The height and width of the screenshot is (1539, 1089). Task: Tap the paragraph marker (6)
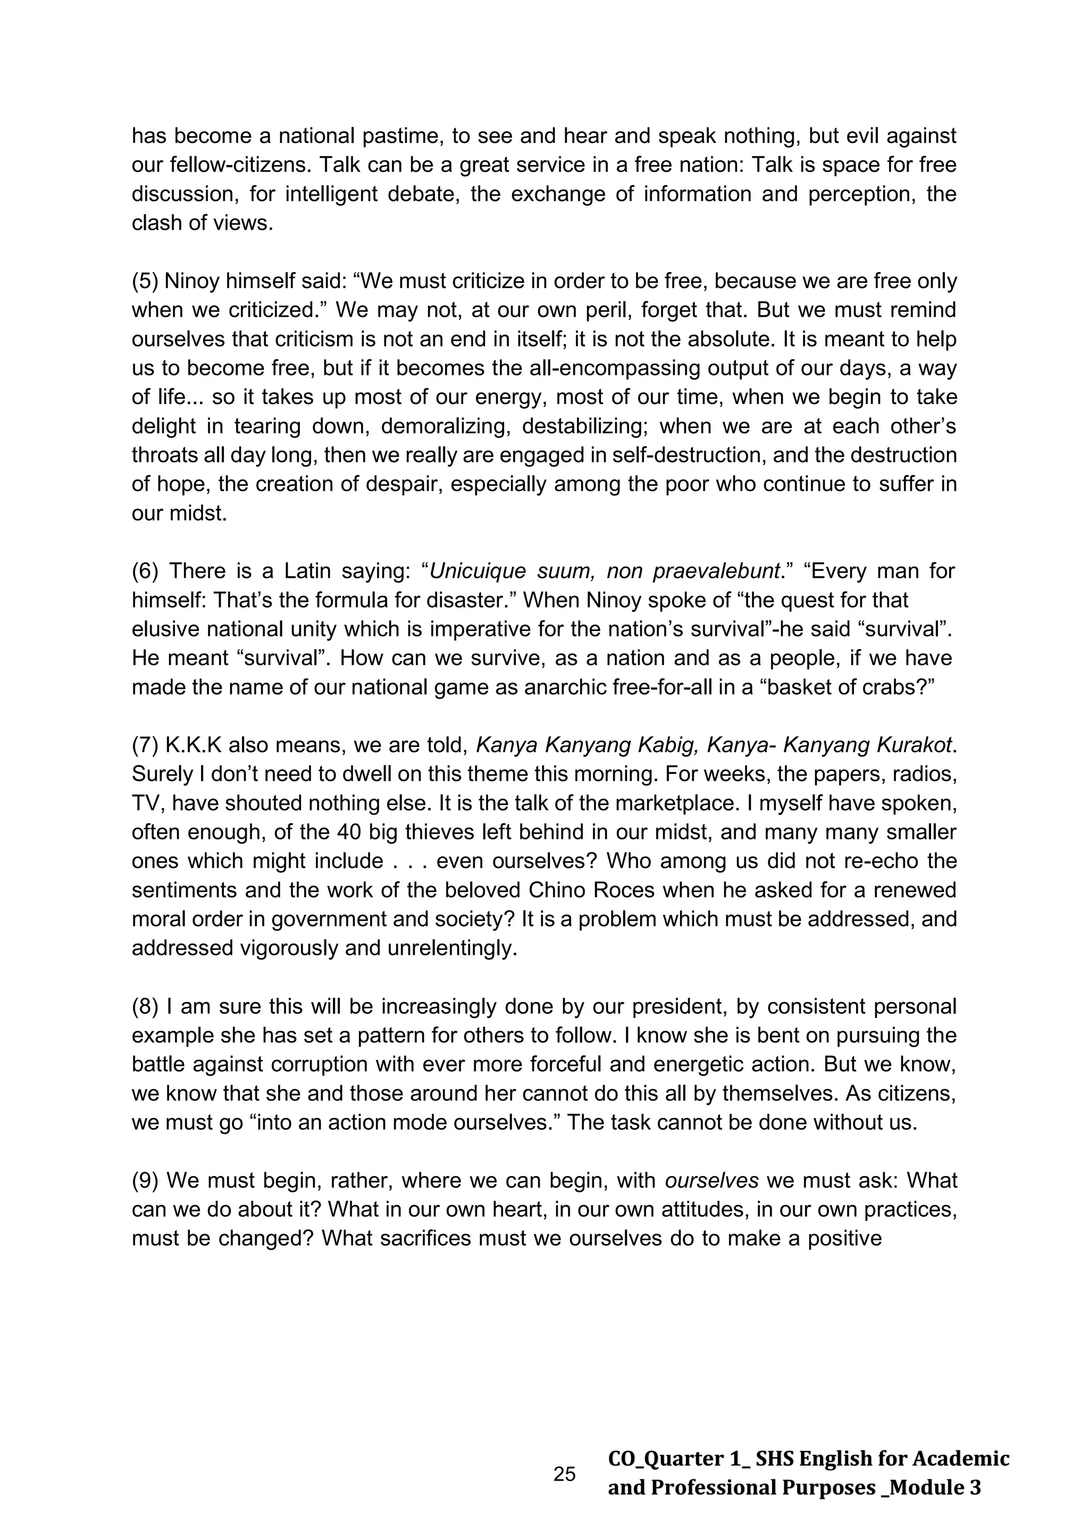click(x=144, y=571)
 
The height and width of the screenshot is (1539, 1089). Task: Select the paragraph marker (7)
click(x=144, y=745)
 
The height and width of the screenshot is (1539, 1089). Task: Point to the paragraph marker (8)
click(x=144, y=1007)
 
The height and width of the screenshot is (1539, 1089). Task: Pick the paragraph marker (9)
click(x=144, y=1180)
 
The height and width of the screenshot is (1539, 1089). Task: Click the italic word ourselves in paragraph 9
click(x=711, y=1180)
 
